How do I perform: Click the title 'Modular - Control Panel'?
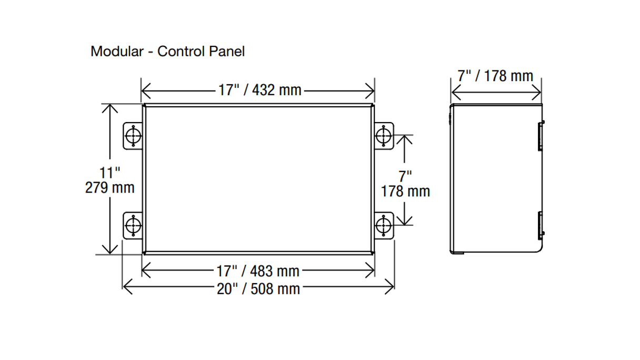click(167, 52)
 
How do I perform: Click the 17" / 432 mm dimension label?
click(260, 90)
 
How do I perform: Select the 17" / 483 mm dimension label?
click(258, 271)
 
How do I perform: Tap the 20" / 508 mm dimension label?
click(258, 288)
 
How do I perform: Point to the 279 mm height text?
click(110, 187)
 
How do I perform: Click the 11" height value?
click(110, 172)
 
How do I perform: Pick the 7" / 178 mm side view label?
click(495, 76)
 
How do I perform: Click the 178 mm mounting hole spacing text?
click(405, 191)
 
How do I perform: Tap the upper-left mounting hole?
click(134, 136)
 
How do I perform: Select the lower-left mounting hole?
click(134, 226)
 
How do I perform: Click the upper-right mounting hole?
click(384, 136)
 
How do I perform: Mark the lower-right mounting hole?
click(384, 226)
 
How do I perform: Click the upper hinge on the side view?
click(541, 136)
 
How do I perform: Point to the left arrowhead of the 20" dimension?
click(125, 287)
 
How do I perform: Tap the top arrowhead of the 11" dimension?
click(110, 107)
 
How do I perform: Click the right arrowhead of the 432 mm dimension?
click(372, 91)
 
